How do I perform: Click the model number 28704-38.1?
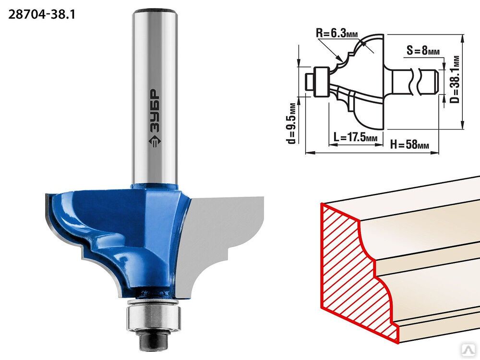42,14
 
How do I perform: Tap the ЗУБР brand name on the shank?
155,111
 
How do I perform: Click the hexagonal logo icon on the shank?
155,141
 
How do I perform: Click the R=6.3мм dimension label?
337,33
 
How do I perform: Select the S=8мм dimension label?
423,50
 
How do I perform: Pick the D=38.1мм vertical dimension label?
456,79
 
